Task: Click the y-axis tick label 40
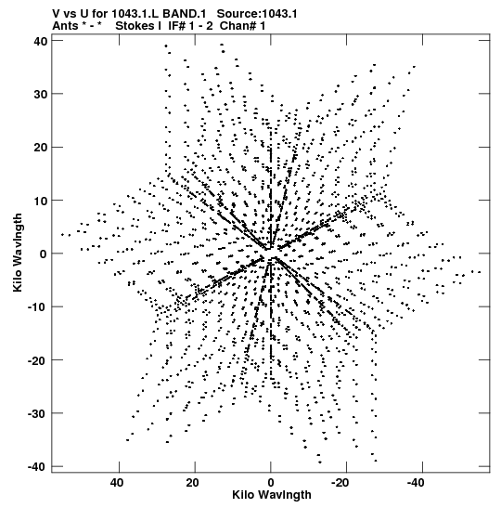(x=41, y=41)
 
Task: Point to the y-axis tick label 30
(x=41, y=95)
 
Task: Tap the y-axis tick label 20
(x=41, y=148)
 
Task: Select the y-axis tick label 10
(x=41, y=201)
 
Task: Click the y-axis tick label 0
(x=44, y=254)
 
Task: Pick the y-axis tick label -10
(x=38, y=306)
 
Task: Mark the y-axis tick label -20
(x=38, y=360)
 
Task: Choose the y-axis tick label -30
(x=38, y=413)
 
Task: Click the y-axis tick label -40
(x=38, y=466)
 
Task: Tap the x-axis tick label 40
(x=117, y=483)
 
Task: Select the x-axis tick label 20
(x=193, y=483)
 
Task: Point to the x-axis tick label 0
(x=271, y=483)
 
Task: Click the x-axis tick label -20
(x=340, y=483)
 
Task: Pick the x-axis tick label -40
(x=416, y=483)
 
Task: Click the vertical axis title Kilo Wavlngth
(x=19, y=253)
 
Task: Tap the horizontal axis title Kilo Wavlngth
(x=272, y=495)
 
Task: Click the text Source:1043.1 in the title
(x=257, y=14)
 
